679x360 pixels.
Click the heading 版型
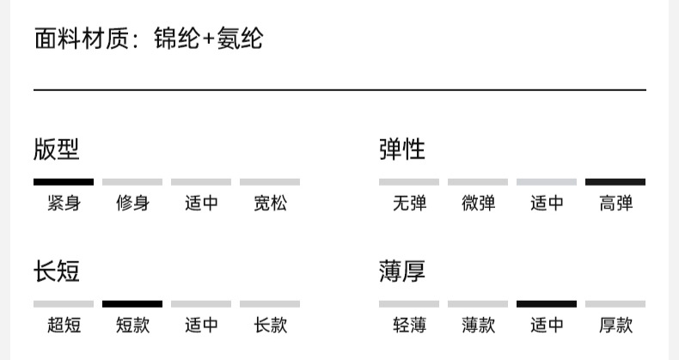[57, 149]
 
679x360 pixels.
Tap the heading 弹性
[402, 149]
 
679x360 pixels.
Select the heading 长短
[57, 272]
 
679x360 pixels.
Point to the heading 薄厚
[402, 272]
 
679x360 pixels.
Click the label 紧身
[64, 204]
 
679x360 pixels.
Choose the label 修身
[132, 204]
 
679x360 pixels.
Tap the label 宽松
[270, 204]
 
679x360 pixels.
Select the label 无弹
[409, 204]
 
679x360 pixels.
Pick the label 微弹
[478, 204]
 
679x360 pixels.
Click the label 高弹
[615, 204]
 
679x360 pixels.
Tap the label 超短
[64, 326]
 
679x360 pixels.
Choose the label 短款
[132, 326]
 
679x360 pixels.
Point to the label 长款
[270, 326]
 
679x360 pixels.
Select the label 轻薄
[409, 326]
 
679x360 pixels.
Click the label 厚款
[615, 326]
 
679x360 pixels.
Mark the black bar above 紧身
[64, 182]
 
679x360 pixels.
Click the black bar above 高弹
[615, 182]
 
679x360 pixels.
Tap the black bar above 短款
[132, 304]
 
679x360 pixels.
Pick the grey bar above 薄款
[478, 304]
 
